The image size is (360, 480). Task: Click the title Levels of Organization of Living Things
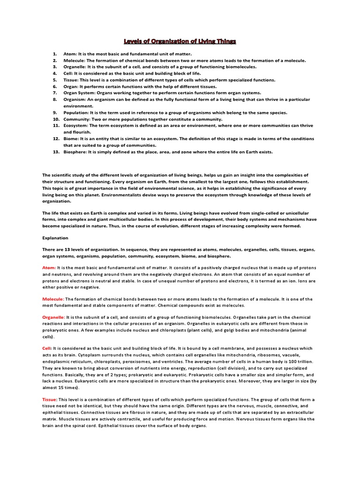[x=180, y=42]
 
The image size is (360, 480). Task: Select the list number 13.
[x=55, y=152]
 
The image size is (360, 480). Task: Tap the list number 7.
[x=55, y=93]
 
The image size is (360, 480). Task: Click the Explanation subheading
[x=55, y=238]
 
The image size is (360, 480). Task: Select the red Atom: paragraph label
[x=49, y=267]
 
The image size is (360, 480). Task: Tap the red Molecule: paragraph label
[x=53, y=299]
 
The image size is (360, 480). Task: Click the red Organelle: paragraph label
[x=54, y=317]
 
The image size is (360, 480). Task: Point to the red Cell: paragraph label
[x=47, y=348]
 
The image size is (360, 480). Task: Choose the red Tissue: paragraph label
[x=50, y=399]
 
